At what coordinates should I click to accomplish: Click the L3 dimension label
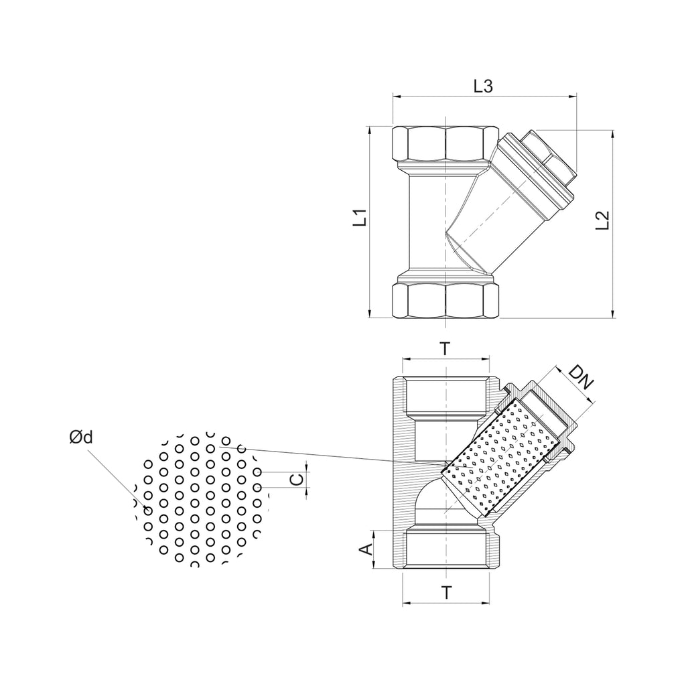coord(483,86)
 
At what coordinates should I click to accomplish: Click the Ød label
coord(81,437)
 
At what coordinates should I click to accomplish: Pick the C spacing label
coord(297,480)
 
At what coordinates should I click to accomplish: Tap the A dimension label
coord(366,549)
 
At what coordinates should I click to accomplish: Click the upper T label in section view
coord(445,348)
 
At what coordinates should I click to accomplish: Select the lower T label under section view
coord(446,593)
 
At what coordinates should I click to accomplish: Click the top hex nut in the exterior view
coord(445,143)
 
